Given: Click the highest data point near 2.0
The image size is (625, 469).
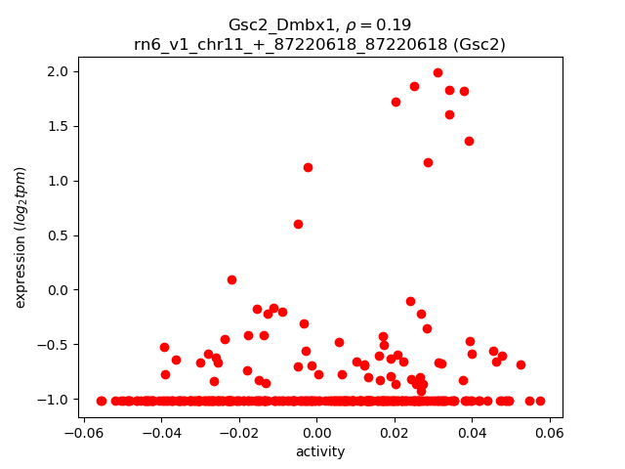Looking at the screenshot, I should (437, 72).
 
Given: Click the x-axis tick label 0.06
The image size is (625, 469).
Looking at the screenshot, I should (549, 433).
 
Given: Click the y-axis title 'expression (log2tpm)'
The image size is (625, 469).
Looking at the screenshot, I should (21, 236).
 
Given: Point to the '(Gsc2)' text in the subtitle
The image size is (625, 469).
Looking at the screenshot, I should (478, 44).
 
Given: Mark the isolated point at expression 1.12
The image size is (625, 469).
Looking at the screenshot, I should (308, 167).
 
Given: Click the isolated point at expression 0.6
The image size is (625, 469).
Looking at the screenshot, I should (298, 224).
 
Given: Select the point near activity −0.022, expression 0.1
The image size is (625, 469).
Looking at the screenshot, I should (231, 279).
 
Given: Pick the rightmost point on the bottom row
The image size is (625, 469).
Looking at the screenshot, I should (540, 401).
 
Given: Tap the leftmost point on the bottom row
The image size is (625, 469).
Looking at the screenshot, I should (102, 401).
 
